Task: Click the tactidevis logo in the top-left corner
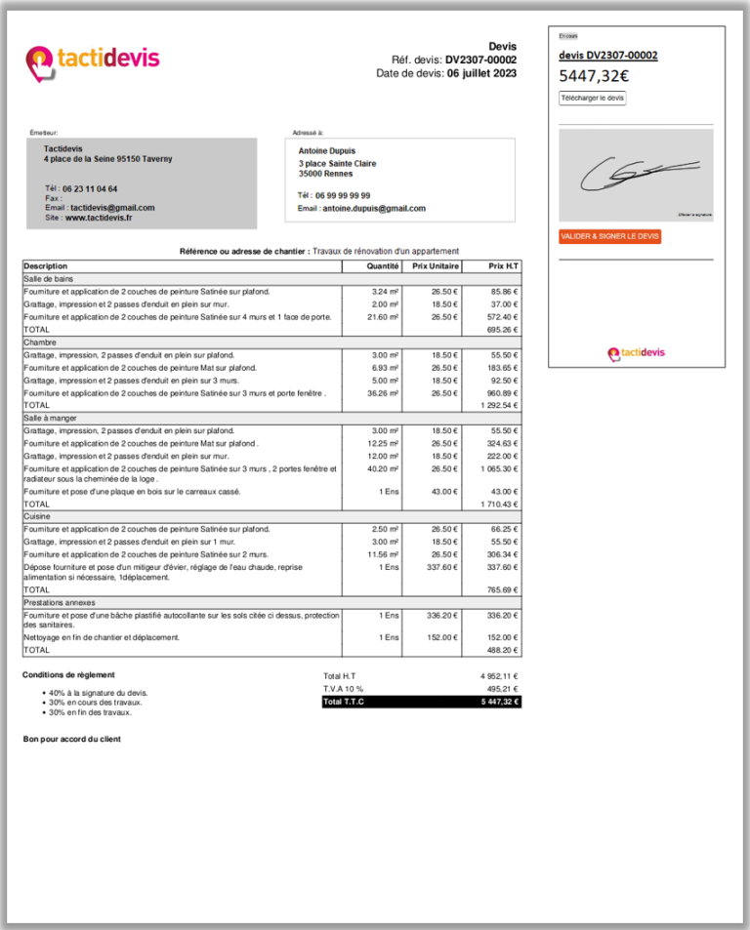point(92,61)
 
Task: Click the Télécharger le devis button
point(592,98)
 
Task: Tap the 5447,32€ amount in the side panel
point(594,75)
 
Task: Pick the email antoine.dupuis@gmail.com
point(374,208)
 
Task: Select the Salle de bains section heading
point(48,278)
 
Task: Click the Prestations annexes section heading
point(62,602)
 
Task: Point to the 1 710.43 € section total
point(499,504)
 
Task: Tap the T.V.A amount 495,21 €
point(498,688)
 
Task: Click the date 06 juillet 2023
point(481,73)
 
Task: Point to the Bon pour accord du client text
point(72,739)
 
